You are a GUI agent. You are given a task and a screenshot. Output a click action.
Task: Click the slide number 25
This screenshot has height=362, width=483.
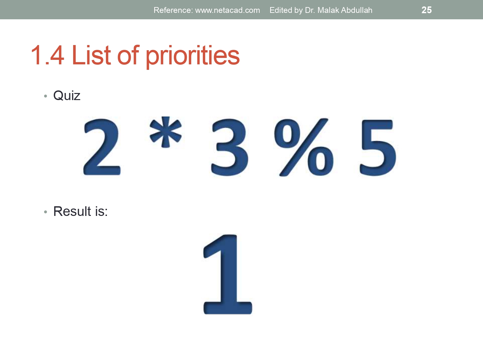(426, 10)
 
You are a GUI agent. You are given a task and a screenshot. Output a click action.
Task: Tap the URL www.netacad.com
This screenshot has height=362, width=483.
(227, 10)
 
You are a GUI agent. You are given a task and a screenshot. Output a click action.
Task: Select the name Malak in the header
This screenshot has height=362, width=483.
(328, 10)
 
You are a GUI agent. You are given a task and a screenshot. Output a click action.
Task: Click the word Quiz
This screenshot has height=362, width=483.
(67, 96)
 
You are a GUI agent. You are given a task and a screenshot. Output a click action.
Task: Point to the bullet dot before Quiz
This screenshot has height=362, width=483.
(46, 96)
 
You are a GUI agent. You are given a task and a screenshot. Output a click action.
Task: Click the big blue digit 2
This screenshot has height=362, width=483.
(102, 147)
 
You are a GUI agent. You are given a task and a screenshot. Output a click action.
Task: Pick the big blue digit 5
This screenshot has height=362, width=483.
(378, 147)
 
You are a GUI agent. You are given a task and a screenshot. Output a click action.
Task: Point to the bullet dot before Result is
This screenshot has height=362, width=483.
(46, 212)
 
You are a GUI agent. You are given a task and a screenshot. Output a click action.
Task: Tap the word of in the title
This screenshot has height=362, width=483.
(128, 55)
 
